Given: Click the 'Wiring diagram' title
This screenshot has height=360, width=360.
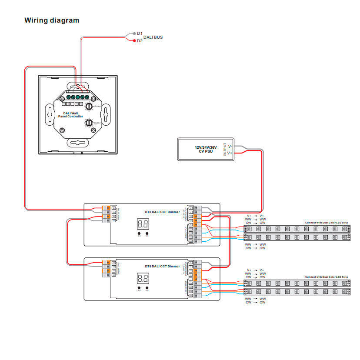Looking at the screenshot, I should tap(52, 20).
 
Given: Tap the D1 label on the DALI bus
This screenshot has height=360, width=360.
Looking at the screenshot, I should tap(140, 33).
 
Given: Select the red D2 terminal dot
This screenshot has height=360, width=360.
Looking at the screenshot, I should tap(134, 41).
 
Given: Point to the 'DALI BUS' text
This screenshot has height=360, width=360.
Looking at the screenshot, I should tap(153, 37).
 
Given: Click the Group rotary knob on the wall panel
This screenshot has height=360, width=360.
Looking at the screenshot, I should tap(88, 106).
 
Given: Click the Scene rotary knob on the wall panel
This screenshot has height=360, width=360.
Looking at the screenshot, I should tap(88, 123).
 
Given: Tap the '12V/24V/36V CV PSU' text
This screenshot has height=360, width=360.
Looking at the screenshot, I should tap(206, 149).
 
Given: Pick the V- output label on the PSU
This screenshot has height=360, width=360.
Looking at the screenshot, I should tap(230, 147).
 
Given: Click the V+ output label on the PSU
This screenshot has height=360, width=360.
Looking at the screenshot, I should tap(230, 153).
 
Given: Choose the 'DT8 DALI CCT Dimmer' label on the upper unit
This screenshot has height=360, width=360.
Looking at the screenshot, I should tap(162, 212).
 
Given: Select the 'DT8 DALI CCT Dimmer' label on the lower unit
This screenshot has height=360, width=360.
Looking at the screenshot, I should tap(162, 266).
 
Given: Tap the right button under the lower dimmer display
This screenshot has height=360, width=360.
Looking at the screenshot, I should tap(147, 287).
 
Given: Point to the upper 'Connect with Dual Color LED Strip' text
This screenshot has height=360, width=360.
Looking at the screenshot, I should tap(326, 223).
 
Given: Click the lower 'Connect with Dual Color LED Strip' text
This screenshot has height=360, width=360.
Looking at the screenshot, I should tap(326, 277).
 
